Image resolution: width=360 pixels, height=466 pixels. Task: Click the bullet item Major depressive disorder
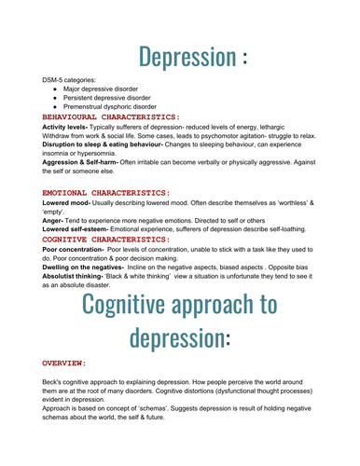coord(104,91)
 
